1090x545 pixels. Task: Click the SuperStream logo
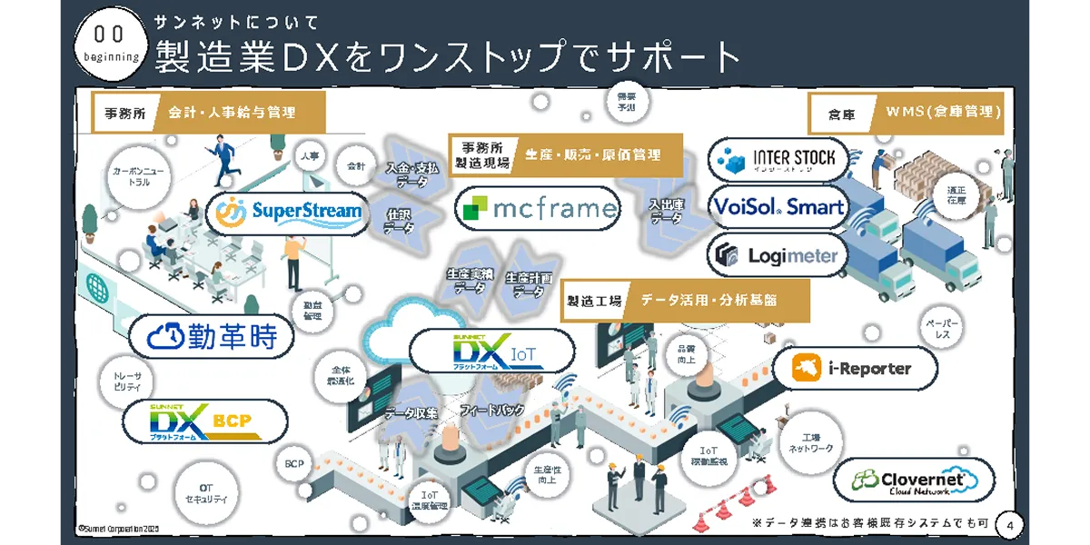click(x=289, y=213)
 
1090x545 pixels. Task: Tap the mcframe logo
click(x=538, y=210)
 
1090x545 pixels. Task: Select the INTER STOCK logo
click(x=778, y=160)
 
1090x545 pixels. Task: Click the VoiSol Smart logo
click(x=778, y=207)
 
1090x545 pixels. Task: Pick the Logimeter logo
click(x=778, y=255)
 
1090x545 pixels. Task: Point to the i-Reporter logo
click(x=853, y=369)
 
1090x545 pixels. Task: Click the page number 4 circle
click(x=1011, y=524)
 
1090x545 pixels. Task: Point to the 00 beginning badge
click(x=110, y=44)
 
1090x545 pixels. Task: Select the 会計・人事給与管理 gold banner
click(x=243, y=114)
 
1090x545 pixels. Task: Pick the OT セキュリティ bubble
click(x=206, y=492)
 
